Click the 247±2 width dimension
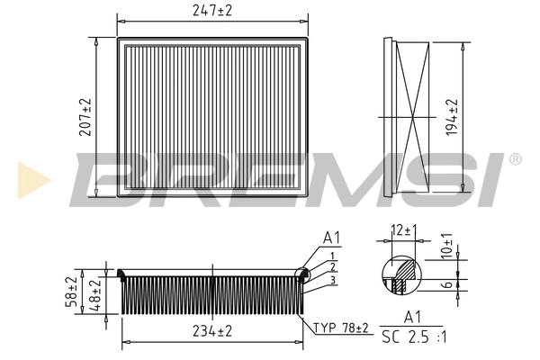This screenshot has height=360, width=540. (211, 11)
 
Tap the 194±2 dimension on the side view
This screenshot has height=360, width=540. (453, 117)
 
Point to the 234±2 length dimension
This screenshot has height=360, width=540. (211, 331)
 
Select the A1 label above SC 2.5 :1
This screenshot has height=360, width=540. (413, 319)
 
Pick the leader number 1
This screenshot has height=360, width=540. (332, 256)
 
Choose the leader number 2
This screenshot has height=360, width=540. (332, 267)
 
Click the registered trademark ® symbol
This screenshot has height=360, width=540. (515, 159)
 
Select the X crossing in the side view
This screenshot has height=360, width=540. (410, 117)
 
